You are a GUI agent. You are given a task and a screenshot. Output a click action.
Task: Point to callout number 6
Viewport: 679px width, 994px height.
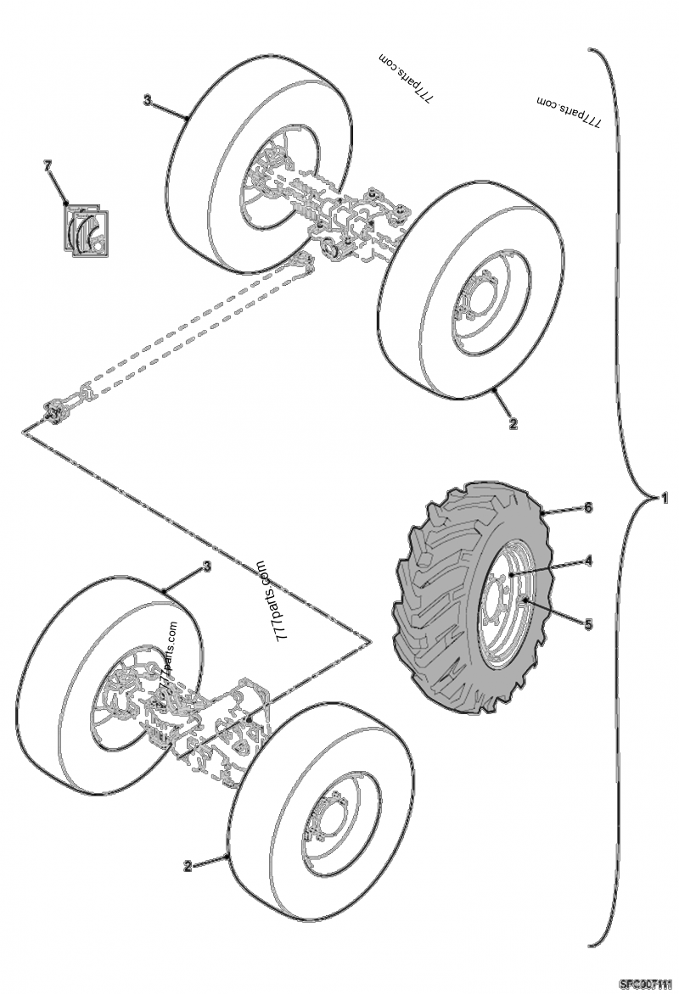pyautogui.click(x=587, y=507)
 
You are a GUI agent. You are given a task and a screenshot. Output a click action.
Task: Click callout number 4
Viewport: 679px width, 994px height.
pyautogui.click(x=587, y=560)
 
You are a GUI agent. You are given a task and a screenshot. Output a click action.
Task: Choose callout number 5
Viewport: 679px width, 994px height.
pyautogui.click(x=587, y=623)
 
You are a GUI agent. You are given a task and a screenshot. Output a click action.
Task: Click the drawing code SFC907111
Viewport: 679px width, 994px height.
pyautogui.click(x=648, y=985)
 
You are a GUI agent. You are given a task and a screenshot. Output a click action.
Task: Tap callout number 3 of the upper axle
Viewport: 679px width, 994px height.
pyautogui.click(x=147, y=100)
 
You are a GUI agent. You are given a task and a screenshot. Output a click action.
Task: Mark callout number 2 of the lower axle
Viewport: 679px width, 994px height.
pyautogui.click(x=187, y=867)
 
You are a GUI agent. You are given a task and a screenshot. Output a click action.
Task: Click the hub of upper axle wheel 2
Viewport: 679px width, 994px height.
pyautogui.click(x=474, y=304)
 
